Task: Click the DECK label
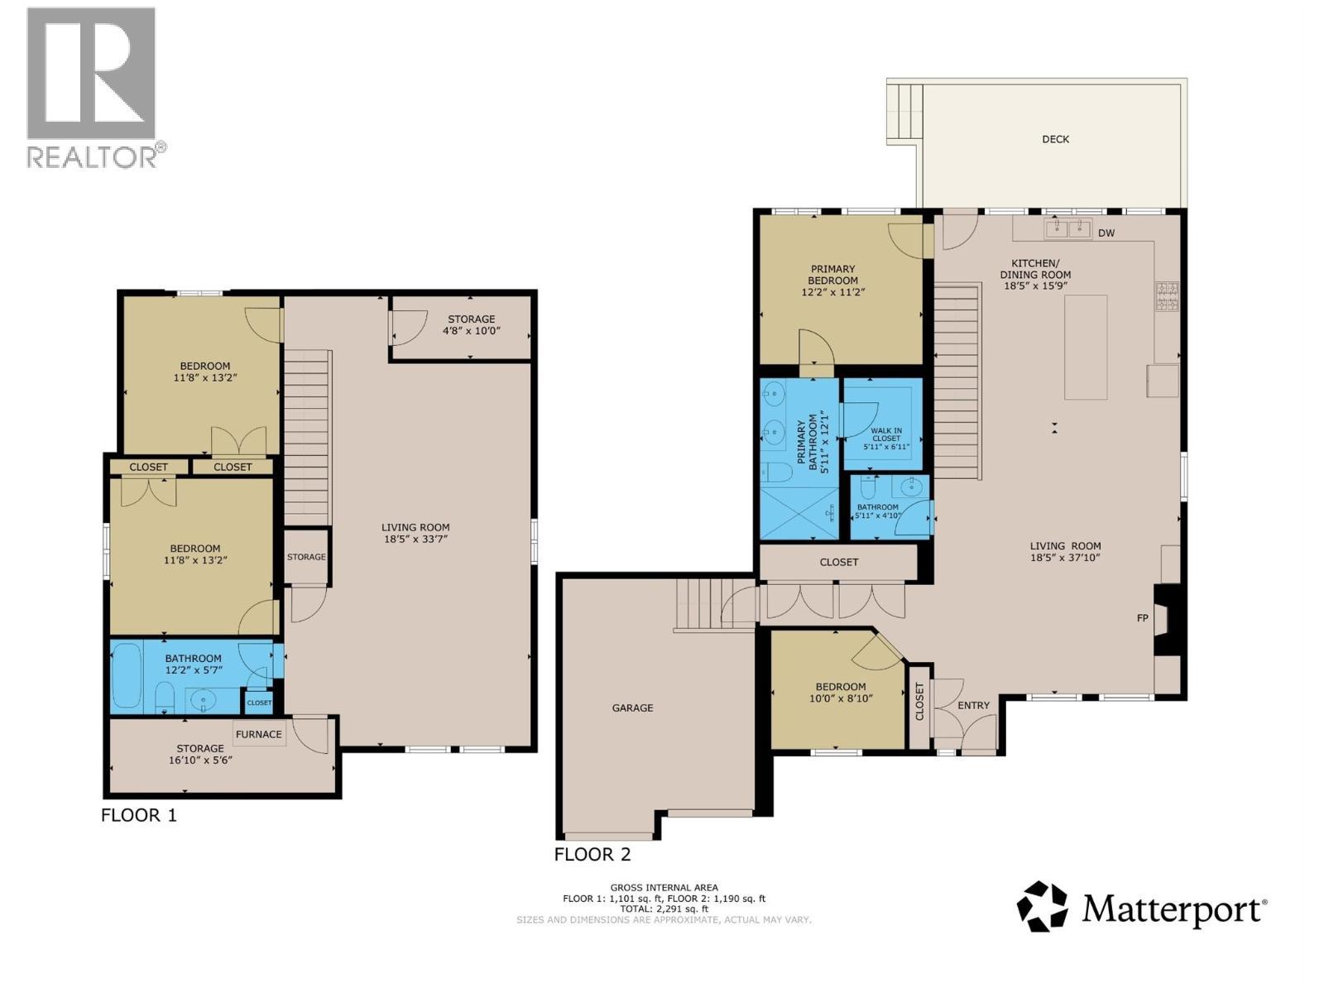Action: click(1055, 139)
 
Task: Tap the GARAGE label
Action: click(632, 708)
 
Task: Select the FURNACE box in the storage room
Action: click(259, 734)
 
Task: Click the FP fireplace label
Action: click(1143, 618)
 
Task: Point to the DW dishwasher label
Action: click(1106, 233)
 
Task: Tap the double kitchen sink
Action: click(1067, 228)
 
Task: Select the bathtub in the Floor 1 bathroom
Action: click(127, 675)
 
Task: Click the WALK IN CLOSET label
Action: click(885, 434)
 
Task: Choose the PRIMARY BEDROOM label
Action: click(832, 274)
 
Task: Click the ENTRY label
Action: click(973, 705)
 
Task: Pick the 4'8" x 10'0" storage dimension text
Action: click(472, 331)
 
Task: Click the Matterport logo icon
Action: click(1043, 907)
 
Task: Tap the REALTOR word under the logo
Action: click(93, 156)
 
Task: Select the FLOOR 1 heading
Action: click(138, 815)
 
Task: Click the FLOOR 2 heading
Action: click(592, 854)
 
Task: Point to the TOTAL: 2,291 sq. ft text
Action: click(664, 909)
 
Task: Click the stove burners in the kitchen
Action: click(1167, 296)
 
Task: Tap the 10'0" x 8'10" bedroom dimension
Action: click(841, 698)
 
